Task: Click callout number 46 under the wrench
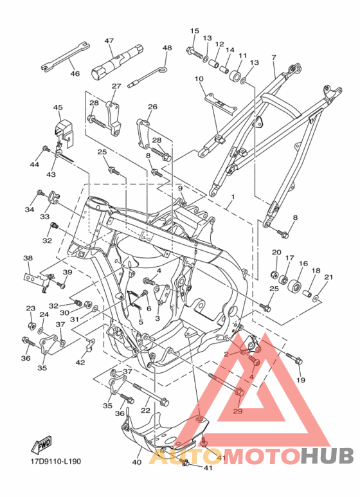75,74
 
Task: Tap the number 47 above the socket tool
109,41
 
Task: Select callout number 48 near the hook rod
167,48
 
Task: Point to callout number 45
58,108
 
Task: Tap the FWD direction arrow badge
43,444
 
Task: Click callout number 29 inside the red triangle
237,411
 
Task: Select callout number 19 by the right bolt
300,380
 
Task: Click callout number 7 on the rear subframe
273,58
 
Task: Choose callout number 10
199,79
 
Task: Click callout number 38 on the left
28,258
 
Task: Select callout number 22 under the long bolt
146,410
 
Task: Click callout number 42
80,363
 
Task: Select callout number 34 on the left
30,210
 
